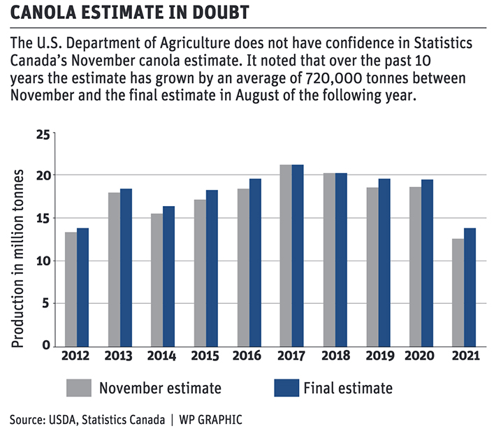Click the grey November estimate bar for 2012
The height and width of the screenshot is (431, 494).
(x=71, y=289)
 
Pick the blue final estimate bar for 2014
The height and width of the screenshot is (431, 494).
(x=168, y=277)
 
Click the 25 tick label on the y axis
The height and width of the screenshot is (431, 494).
(x=44, y=133)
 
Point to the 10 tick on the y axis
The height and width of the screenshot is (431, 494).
(x=44, y=261)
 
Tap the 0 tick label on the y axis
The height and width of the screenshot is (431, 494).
(x=47, y=346)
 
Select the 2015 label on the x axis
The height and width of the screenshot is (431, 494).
(x=205, y=356)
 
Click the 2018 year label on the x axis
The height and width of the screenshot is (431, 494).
(x=333, y=356)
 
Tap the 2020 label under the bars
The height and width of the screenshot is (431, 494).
(x=419, y=356)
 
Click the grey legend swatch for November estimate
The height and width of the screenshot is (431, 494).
(x=79, y=388)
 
